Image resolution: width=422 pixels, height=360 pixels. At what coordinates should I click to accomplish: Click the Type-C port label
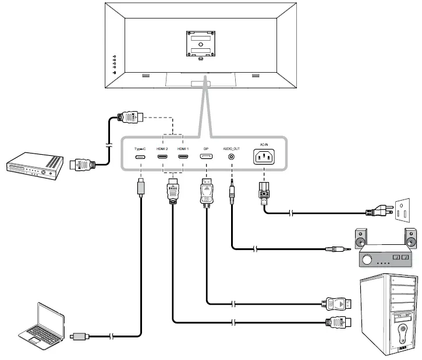pyautogui.click(x=140, y=149)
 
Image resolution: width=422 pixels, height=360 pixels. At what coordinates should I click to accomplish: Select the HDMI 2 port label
pyautogui.click(x=162, y=149)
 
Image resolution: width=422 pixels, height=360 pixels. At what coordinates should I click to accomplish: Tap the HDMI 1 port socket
pyautogui.click(x=183, y=158)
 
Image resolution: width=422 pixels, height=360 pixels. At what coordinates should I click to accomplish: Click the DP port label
pyautogui.click(x=205, y=149)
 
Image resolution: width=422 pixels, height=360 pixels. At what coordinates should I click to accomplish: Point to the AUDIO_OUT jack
pyautogui.click(x=232, y=157)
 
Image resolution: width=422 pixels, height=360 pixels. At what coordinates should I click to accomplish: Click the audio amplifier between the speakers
pyautogui.click(x=385, y=255)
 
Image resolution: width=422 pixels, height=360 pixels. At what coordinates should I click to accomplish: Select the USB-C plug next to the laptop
pyautogui.click(x=79, y=336)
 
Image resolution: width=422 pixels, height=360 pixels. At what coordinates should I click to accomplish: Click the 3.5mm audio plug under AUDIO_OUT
pyautogui.click(x=232, y=192)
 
